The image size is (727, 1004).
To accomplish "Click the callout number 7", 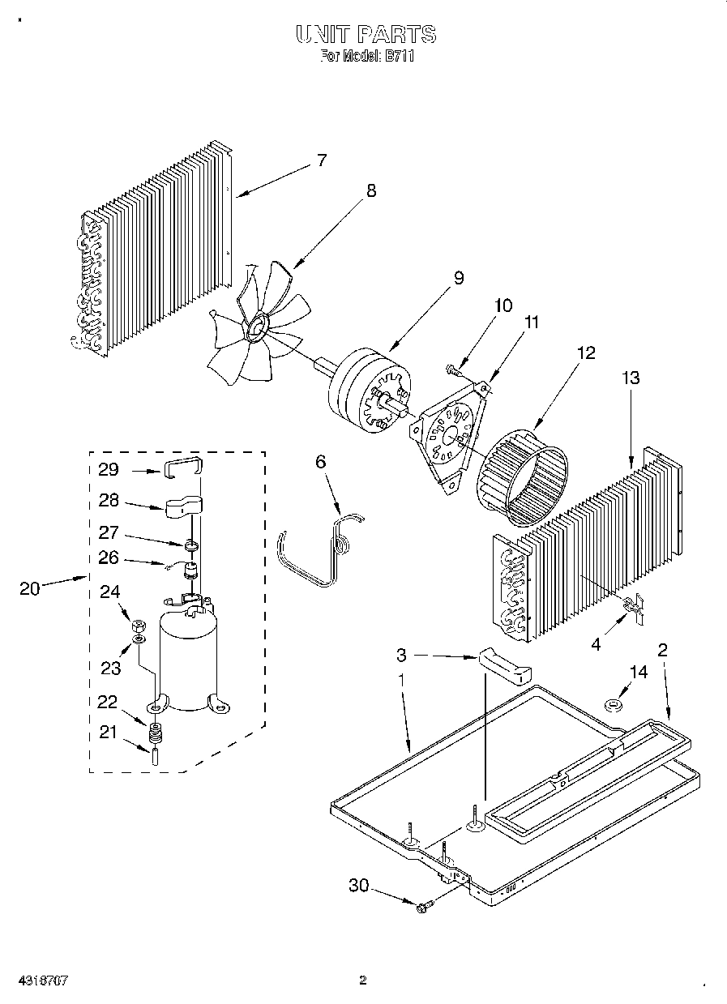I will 321,160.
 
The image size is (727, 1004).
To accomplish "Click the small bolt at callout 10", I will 452,370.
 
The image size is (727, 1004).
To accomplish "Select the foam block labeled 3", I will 504,664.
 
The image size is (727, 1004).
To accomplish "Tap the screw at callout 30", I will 424,908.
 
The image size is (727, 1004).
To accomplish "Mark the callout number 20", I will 29,589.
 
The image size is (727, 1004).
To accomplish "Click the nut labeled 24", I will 138,626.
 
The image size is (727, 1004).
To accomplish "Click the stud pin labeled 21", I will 154,757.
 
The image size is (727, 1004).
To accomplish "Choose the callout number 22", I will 107,703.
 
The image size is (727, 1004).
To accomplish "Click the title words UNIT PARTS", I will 366,35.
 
